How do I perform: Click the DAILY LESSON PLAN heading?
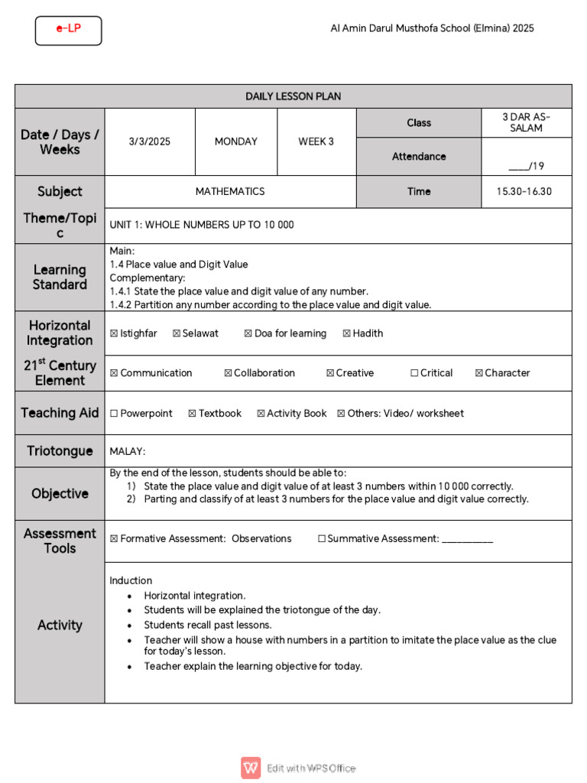(293, 96)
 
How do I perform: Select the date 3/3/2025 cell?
(150, 141)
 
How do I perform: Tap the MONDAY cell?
(236, 141)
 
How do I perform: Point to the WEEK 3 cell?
(316, 141)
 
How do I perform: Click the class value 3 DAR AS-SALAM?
(526, 122)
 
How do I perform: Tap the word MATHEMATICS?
(230, 192)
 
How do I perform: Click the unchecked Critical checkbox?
(414, 373)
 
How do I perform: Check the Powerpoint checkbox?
(114, 414)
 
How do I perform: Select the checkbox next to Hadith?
(346, 333)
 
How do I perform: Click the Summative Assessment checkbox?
(321, 539)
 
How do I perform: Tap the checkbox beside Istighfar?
(114, 333)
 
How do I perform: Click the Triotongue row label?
(60, 451)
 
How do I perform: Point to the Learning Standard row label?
(60, 278)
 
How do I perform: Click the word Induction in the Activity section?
(131, 580)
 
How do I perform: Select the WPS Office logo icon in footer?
(251, 768)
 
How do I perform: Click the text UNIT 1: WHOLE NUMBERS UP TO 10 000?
(202, 225)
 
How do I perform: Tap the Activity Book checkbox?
(261, 414)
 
